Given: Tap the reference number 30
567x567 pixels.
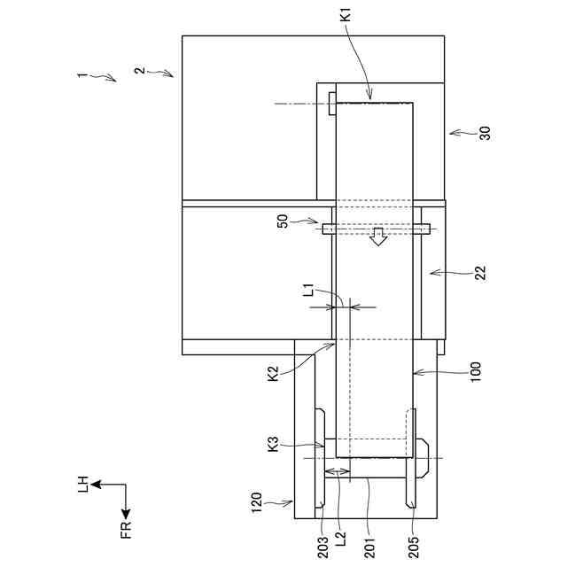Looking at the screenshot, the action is pyautogui.click(x=485, y=133).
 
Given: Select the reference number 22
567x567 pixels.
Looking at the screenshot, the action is pyautogui.click(x=480, y=273).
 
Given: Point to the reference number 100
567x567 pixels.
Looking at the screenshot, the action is pyautogui.click(x=476, y=372).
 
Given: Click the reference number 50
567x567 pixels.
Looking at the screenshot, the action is pyautogui.click(x=283, y=221).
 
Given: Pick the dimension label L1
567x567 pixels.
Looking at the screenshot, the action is pyautogui.click(x=308, y=290).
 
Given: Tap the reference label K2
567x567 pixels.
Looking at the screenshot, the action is pyautogui.click(x=274, y=373).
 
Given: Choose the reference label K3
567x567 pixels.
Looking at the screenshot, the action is pyautogui.click(x=274, y=444).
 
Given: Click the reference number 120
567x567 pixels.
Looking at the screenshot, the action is pyautogui.click(x=256, y=502).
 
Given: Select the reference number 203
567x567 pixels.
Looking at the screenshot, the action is pyautogui.click(x=322, y=548).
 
